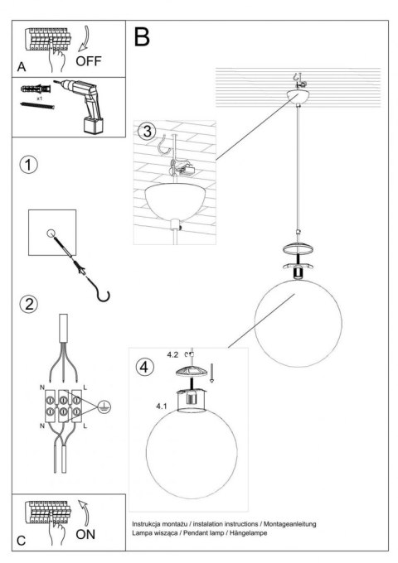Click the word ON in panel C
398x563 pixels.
(87, 534)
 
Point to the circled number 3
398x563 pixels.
(147, 131)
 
